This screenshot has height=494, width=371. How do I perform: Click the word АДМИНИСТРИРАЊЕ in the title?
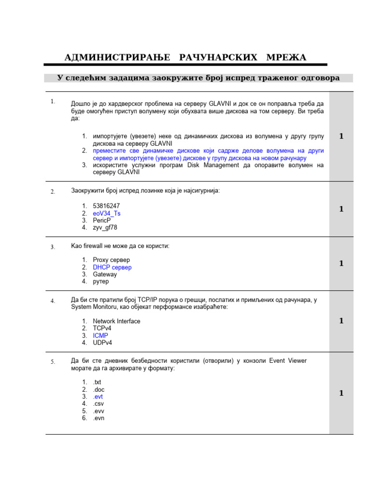point(117,57)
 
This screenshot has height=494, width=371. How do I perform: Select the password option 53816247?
point(106,206)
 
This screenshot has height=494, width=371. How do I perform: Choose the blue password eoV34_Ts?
point(107,213)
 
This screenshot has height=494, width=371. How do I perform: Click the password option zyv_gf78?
point(105,227)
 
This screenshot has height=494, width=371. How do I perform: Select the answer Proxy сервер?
point(111,260)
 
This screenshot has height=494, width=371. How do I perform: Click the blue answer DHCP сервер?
point(112,267)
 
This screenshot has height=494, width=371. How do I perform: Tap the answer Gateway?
point(105,274)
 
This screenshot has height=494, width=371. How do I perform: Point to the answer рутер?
point(101,281)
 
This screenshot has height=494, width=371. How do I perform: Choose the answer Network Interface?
point(116,321)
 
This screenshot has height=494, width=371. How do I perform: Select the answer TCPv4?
point(102,328)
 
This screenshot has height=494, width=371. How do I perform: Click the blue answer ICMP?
point(100,335)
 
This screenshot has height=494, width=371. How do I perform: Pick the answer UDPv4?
point(103,343)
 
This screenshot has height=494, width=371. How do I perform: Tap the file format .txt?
point(97,382)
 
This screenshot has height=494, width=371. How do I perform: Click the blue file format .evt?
point(98,397)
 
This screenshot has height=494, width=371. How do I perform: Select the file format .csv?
point(98,403)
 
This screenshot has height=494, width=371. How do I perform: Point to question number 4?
point(53,301)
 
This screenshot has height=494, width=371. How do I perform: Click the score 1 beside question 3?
point(341,263)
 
